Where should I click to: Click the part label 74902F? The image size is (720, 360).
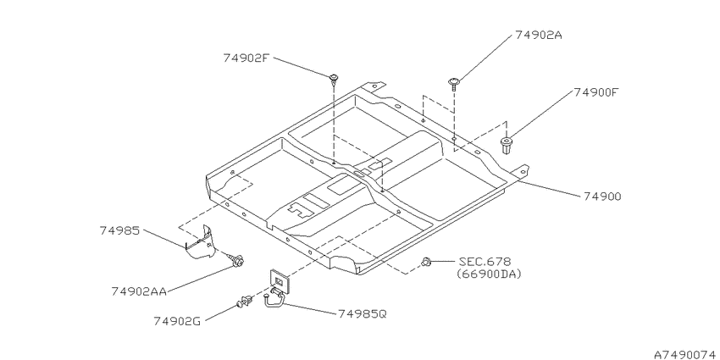coord(246,58)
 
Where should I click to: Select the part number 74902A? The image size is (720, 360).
coord(538,35)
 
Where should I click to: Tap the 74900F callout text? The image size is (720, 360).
coord(596,92)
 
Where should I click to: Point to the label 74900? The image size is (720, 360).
coord(602,197)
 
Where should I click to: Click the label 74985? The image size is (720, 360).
coord(119,230)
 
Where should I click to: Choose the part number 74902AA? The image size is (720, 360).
coord(139,291)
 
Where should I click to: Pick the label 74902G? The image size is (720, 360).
coord(177,321)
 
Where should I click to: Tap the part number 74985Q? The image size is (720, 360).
coord(363,314)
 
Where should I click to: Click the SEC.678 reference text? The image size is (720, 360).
coord(485,262)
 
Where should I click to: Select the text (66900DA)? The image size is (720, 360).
coord(489,274)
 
